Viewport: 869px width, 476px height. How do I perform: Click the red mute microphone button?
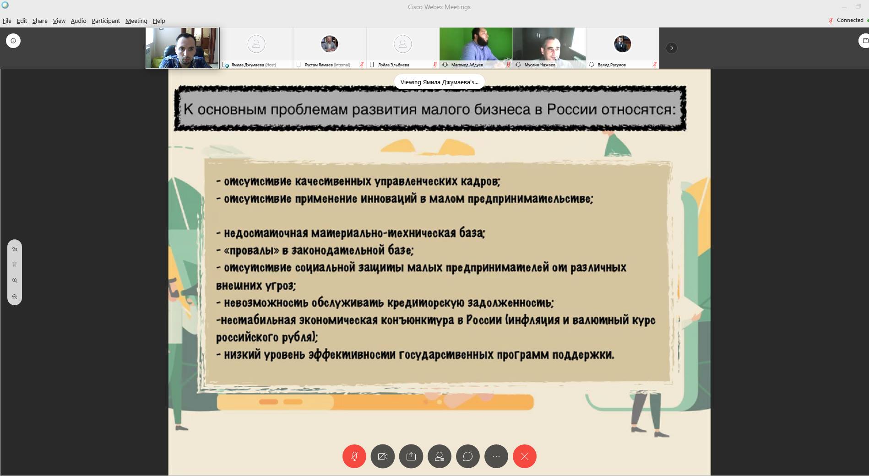pyautogui.click(x=354, y=456)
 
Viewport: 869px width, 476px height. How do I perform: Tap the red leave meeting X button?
pyautogui.click(x=525, y=456)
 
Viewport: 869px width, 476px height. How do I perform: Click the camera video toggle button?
pyautogui.click(x=383, y=456)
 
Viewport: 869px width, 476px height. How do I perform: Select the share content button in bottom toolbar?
pyautogui.click(x=411, y=456)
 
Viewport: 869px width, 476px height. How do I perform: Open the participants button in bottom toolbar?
pyautogui.click(x=440, y=456)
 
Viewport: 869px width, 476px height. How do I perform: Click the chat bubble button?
pyautogui.click(x=468, y=456)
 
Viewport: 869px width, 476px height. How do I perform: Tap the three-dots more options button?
pyautogui.click(x=496, y=456)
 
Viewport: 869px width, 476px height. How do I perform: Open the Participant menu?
pyautogui.click(x=106, y=21)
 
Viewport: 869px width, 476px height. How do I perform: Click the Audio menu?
pyautogui.click(x=78, y=21)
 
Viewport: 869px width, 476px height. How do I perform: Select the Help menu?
pyautogui.click(x=159, y=21)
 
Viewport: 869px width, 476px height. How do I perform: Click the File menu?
pyautogui.click(x=7, y=21)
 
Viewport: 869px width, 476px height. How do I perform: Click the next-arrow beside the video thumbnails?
pyautogui.click(x=671, y=48)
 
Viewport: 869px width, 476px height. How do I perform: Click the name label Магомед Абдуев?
pyautogui.click(x=467, y=65)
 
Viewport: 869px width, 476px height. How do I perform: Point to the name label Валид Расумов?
pyautogui.click(x=612, y=65)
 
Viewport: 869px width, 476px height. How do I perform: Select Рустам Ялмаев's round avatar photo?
pyautogui.click(x=330, y=44)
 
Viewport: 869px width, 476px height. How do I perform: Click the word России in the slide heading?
pyautogui.click(x=572, y=109)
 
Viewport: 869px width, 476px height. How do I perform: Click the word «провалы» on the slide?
pyautogui.click(x=251, y=250)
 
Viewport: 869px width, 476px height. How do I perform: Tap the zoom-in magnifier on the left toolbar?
pyautogui.click(x=15, y=281)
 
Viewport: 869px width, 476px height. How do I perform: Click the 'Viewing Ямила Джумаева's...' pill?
pyautogui.click(x=440, y=82)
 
